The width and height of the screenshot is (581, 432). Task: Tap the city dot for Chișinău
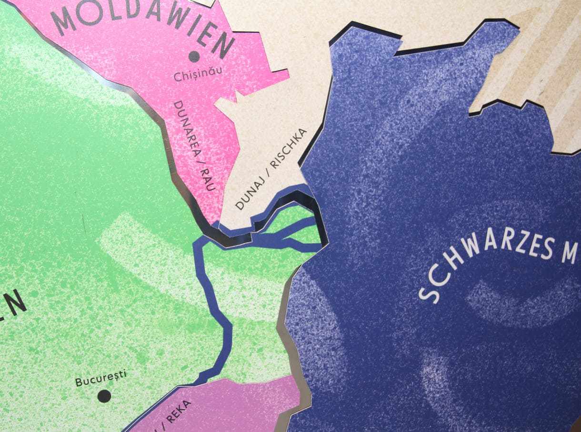click(194, 57)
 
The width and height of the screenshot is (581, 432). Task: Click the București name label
click(101, 378)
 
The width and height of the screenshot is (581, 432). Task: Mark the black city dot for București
click(104, 395)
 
